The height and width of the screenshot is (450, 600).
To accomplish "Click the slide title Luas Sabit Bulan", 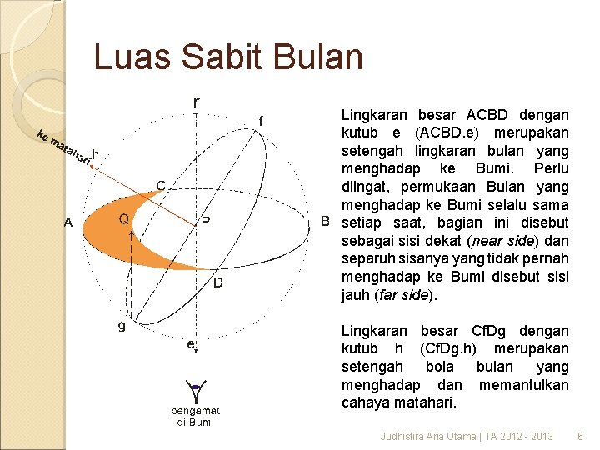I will (x=228, y=57).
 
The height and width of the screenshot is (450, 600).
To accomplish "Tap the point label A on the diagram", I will (x=68, y=222).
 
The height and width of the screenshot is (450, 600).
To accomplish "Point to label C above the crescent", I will (x=161, y=184).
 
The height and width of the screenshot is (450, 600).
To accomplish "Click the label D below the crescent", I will (x=217, y=283).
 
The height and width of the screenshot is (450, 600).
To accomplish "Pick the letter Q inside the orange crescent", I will (x=123, y=219).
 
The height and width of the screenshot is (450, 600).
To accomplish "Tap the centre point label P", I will (x=205, y=221).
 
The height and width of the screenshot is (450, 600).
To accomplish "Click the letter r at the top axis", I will (x=196, y=102).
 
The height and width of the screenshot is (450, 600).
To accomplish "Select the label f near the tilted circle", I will (x=262, y=122).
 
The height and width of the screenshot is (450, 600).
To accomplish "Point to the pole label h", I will (x=97, y=154).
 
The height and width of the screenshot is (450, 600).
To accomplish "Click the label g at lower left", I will (x=122, y=325).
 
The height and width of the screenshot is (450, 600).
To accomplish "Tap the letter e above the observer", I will (x=191, y=343).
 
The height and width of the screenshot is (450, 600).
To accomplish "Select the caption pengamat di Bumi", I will (x=195, y=416).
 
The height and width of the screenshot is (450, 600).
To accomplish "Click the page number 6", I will (x=580, y=436).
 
